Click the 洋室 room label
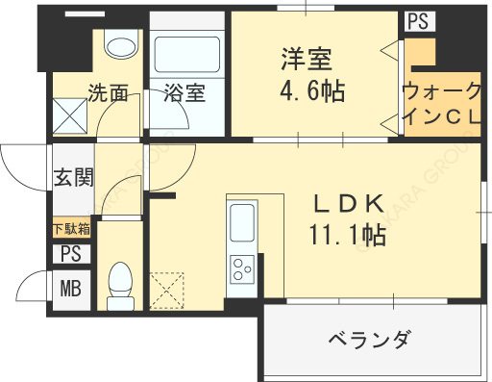click(307, 59)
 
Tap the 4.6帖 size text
click(312, 90)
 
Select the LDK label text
click(349, 204)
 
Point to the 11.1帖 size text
click(348, 235)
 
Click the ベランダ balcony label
click(369, 340)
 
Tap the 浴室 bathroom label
click(184, 92)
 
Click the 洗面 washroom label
click(108, 92)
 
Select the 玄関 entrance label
click(73, 177)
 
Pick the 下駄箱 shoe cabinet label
click(71, 229)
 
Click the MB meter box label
click(71, 288)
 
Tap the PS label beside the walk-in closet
click(418, 21)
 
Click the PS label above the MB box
click(71, 254)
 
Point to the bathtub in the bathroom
click(187, 55)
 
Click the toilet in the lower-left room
click(120, 286)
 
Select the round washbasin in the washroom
click(121, 47)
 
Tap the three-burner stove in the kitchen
click(242, 269)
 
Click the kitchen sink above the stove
click(242, 222)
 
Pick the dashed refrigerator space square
click(166, 291)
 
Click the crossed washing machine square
click(70, 115)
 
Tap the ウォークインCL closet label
click(442, 103)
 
